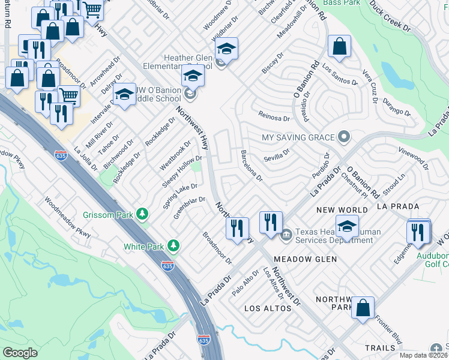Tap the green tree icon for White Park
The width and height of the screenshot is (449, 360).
tap(173, 245)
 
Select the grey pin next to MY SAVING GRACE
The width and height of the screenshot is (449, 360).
tap(343, 137)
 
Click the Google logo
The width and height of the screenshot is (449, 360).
tap(20, 352)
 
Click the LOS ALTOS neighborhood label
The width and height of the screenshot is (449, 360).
tap(268, 308)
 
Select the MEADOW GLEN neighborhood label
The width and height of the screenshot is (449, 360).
tap(305, 259)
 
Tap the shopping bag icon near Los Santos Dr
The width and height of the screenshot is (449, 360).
tap(339, 46)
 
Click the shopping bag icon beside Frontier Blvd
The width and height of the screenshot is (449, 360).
tap(363, 308)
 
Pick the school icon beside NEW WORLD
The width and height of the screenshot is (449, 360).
tap(346, 227)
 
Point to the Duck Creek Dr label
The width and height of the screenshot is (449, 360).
tap(390, 16)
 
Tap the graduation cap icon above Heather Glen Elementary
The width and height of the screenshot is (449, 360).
tap(226, 48)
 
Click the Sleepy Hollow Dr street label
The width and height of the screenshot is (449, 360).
tap(181, 171)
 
